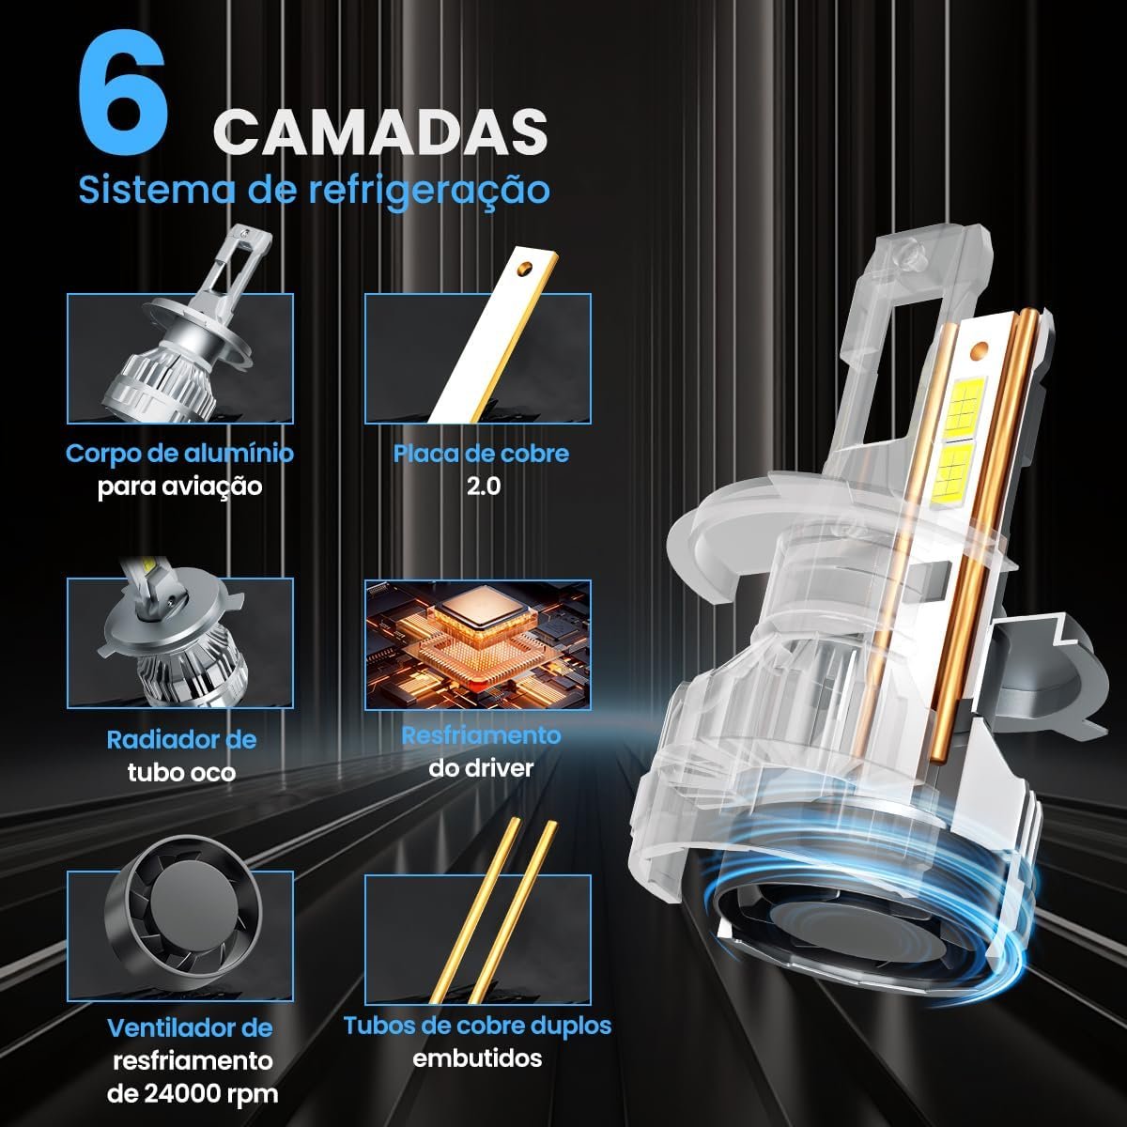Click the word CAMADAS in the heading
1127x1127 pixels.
[380, 132]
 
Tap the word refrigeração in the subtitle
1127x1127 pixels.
[428, 191]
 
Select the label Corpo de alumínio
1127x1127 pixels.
[179, 454]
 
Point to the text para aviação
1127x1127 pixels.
[179, 486]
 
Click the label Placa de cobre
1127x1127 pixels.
[481, 454]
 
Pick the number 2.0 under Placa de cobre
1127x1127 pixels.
[483, 486]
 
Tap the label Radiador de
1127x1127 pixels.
[181, 740]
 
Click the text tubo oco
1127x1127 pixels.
[181, 773]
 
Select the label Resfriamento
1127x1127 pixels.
[481, 735]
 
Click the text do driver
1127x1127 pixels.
[481, 768]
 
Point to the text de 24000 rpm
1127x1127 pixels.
[193, 1093]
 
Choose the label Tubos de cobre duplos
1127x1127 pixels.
[477, 1026]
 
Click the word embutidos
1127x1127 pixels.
[477, 1058]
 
